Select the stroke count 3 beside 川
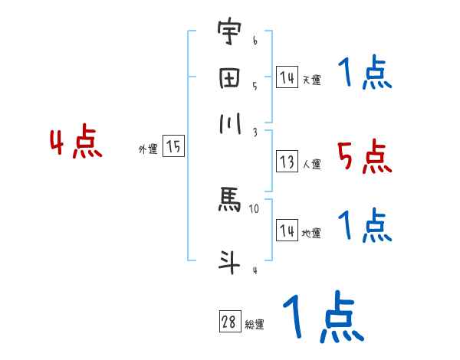(255, 132)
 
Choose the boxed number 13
(287, 162)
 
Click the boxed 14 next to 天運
(287, 77)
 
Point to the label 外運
(147, 150)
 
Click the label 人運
(311, 164)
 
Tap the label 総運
(254, 325)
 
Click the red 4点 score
(76, 143)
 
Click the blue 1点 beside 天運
(365, 74)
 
